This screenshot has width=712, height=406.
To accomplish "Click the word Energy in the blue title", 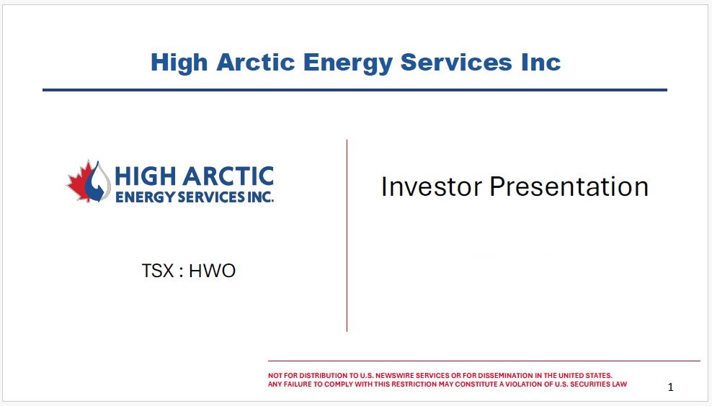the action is (347, 63).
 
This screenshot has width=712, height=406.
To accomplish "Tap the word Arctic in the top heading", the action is (256, 62).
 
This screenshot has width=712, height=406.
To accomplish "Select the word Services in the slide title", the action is (456, 62).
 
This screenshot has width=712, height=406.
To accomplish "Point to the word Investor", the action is (432, 186).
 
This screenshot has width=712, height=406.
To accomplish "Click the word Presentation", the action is (569, 186).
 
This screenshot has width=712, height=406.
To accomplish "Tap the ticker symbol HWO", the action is (212, 271).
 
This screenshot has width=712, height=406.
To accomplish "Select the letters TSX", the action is (158, 271).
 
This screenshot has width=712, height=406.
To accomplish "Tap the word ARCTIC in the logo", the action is (228, 176).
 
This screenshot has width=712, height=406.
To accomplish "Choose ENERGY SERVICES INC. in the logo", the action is (195, 197).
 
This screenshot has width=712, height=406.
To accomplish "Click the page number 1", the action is (671, 387).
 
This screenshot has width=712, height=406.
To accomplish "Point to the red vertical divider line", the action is (347, 235).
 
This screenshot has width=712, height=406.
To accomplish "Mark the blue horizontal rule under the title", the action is (355, 90).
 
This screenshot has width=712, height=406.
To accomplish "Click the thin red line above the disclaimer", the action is (484, 361).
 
